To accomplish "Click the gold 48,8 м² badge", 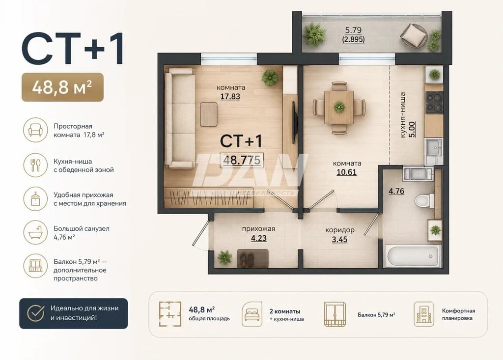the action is click(x=62, y=87).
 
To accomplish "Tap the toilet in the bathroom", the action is click(x=423, y=201).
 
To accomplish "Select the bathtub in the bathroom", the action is click(x=413, y=256).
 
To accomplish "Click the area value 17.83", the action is click(x=230, y=96).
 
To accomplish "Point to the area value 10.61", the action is click(x=346, y=172).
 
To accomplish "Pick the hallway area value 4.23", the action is click(x=258, y=238).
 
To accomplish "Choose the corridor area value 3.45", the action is click(x=339, y=239).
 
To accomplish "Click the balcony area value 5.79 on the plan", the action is click(x=353, y=30).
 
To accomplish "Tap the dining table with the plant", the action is click(x=339, y=107).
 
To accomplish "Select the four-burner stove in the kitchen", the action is click(x=434, y=102).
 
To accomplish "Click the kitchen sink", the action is click(x=434, y=149).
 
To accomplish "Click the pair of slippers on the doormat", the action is click(x=247, y=258).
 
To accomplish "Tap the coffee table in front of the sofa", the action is click(x=209, y=114).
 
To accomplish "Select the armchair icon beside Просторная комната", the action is click(x=35, y=130).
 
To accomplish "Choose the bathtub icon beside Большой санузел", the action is click(x=35, y=232).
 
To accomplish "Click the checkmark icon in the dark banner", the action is click(x=35, y=313).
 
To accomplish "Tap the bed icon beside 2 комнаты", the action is click(x=252, y=314).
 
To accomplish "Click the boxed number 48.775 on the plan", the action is click(x=242, y=160).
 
